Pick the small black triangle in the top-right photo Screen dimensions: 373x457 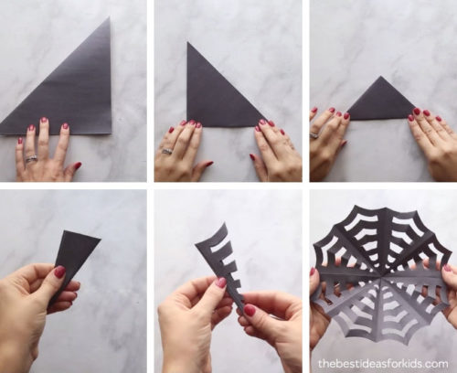coord(379,102)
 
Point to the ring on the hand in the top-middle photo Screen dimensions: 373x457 coord(167,151)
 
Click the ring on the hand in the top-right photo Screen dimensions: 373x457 coord(316,136)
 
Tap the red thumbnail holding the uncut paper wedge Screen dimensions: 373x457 coord(59,272)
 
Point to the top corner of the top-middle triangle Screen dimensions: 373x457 coord(189,43)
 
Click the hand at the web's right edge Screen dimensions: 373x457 coord(448,293)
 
